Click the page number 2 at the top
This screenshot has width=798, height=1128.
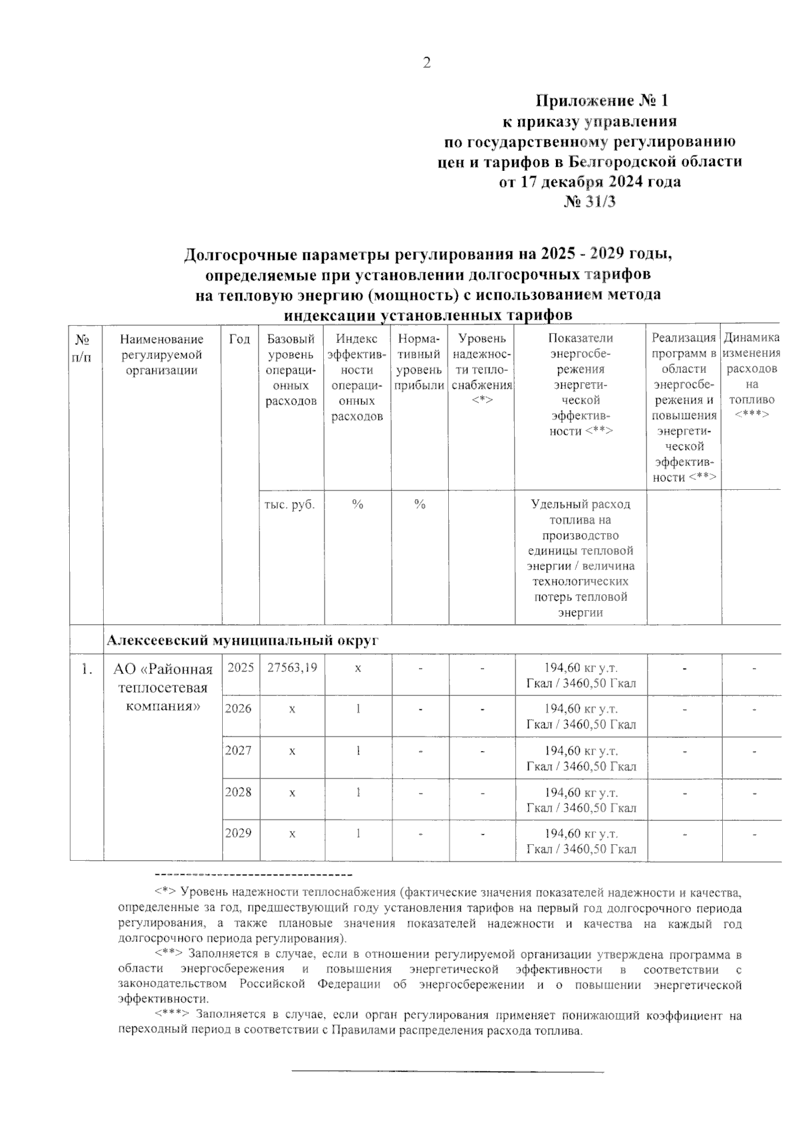[x=426, y=63]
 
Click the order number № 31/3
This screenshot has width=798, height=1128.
[x=590, y=201]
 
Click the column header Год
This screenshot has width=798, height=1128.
[x=239, y=340]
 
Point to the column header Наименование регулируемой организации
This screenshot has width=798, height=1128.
[x=162, y=355]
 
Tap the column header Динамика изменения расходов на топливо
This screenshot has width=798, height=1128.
[x=751, y=376]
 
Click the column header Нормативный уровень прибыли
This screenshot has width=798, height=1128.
[x=420, y=362]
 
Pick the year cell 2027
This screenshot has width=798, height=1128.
[x=239, y=750]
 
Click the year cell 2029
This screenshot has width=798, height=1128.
[x=239, y=834]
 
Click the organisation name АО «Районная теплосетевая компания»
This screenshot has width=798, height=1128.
[x=163, y=687]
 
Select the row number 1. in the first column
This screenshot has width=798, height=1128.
[x=86, y=669]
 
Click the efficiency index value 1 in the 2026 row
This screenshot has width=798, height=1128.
[x=358, y=709]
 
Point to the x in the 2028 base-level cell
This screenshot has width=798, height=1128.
[x=292, y=793]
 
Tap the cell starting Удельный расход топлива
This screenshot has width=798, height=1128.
[x=581, y=558]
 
